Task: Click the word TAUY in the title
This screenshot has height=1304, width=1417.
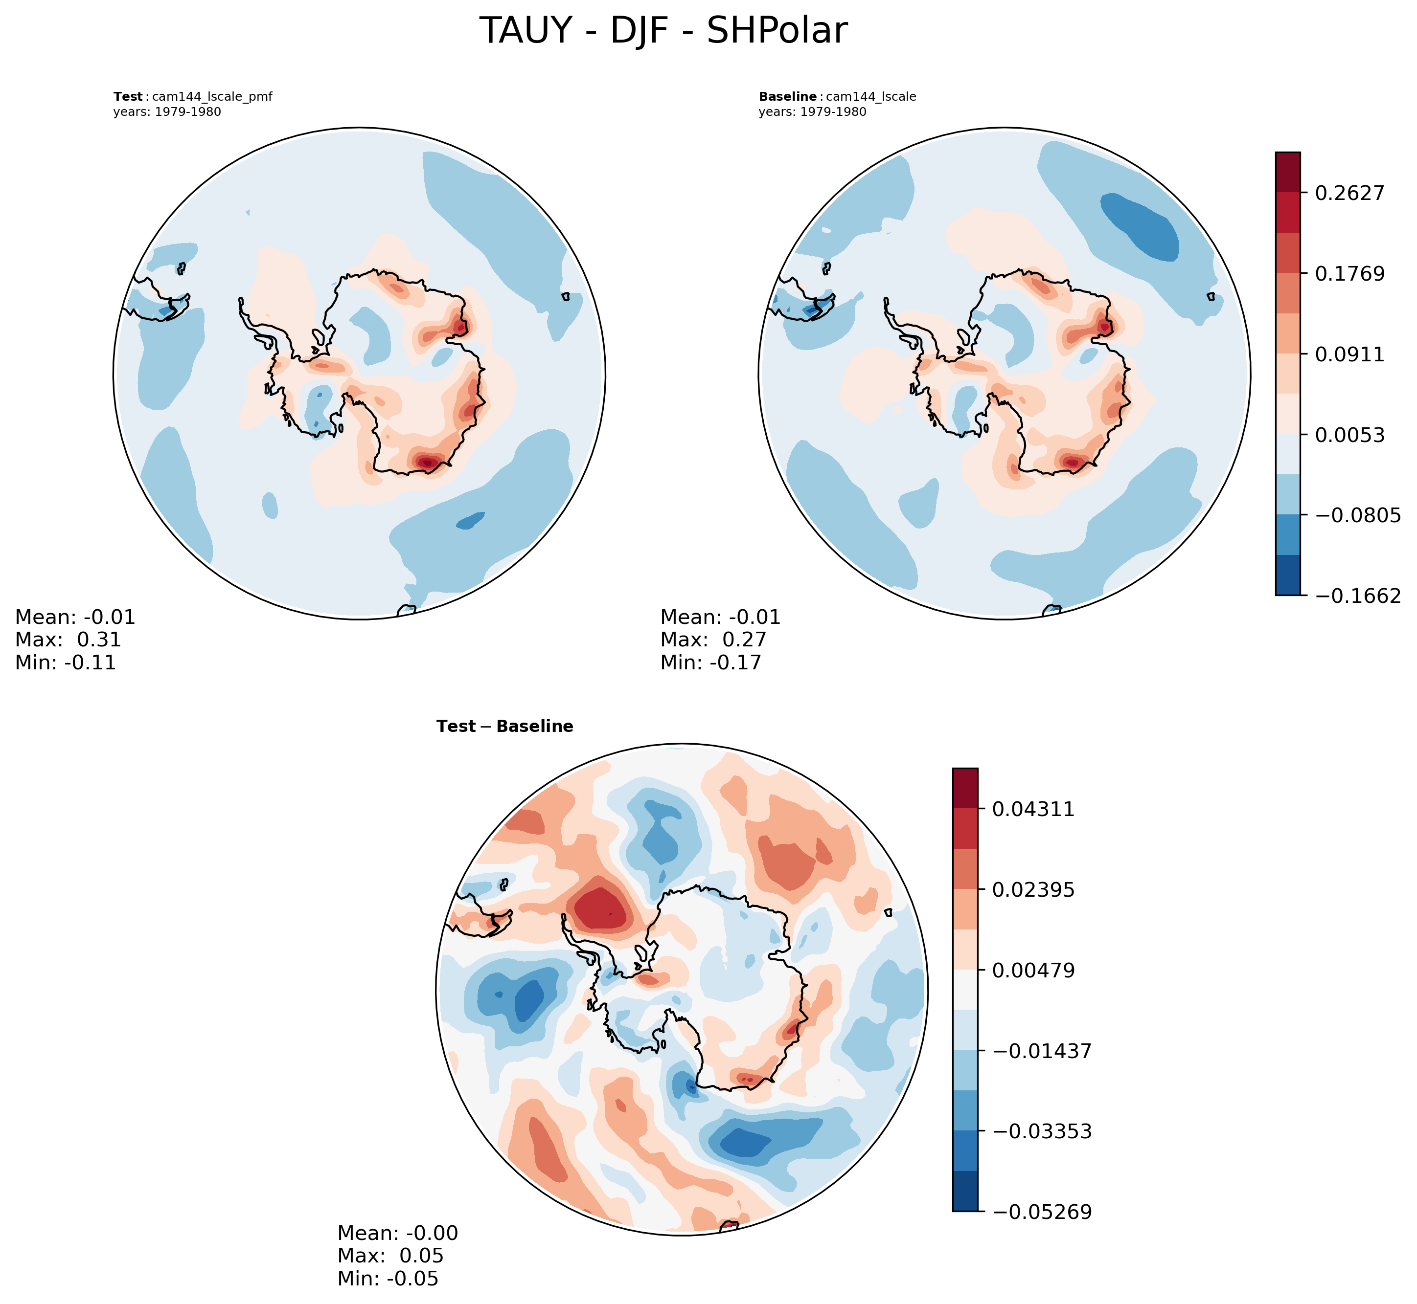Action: (x=525, y=31)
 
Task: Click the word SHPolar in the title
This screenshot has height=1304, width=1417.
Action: (x=777, y=31)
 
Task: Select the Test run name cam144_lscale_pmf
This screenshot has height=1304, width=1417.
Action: (x=212, y=97)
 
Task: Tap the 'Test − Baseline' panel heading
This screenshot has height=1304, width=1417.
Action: (x=505, y=727)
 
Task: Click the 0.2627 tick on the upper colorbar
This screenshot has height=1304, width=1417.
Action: (x=1348, y=193)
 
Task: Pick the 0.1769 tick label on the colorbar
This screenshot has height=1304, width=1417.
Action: (x=1348, y=273)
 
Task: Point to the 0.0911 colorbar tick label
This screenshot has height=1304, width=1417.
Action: (x=1348, y=354)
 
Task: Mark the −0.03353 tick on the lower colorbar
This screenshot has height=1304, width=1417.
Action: (x=1041, y=1132)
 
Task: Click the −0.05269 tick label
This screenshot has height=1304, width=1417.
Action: (x=1041, y=1212)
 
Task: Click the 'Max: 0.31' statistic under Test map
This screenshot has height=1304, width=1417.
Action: (x=68, y=640)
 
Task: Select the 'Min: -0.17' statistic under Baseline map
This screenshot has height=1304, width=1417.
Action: (x=711, y=663)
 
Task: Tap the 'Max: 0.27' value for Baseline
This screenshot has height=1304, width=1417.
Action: (x=713, y=640)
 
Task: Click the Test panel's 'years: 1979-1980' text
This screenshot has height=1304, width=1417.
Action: (x=167, y=112)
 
